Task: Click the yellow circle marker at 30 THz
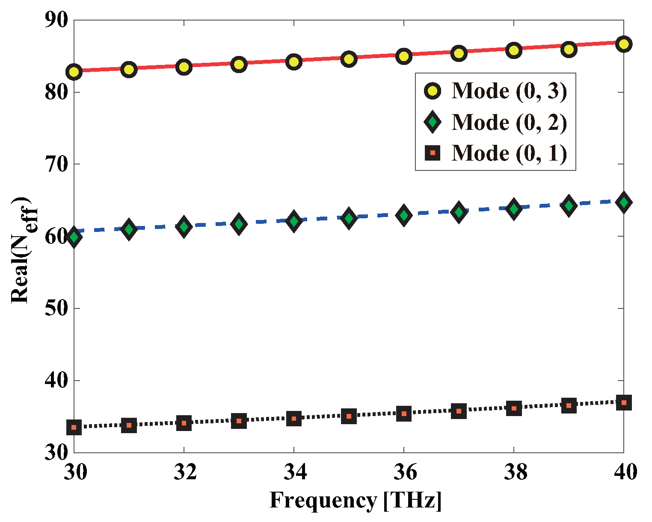pos(74,72)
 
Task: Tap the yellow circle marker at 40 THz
pos(623,44)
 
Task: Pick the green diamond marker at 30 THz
pos(74,237)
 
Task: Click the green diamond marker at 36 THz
pos(403,215)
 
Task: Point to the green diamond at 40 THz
pos(623,202)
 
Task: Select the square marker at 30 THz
pos(74,427)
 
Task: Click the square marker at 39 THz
pos(569,405)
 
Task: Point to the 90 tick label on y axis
pos(56,21)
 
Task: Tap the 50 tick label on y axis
pos(56,308)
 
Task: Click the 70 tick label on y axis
pos(56,164)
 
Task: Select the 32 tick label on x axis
pos(184,472)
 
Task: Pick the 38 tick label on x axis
pos(514,472)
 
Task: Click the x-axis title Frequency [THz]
pos(355,501)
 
